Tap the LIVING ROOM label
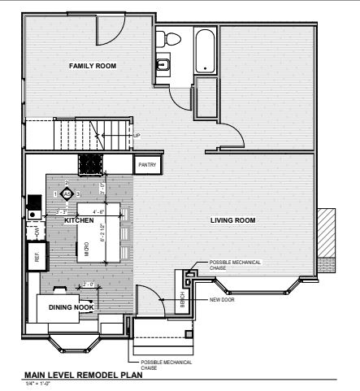(x=233, y=220)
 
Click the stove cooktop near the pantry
(x=90, y=165)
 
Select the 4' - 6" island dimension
(x=98, y=212)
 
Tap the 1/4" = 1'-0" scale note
(x=38, y=384)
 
